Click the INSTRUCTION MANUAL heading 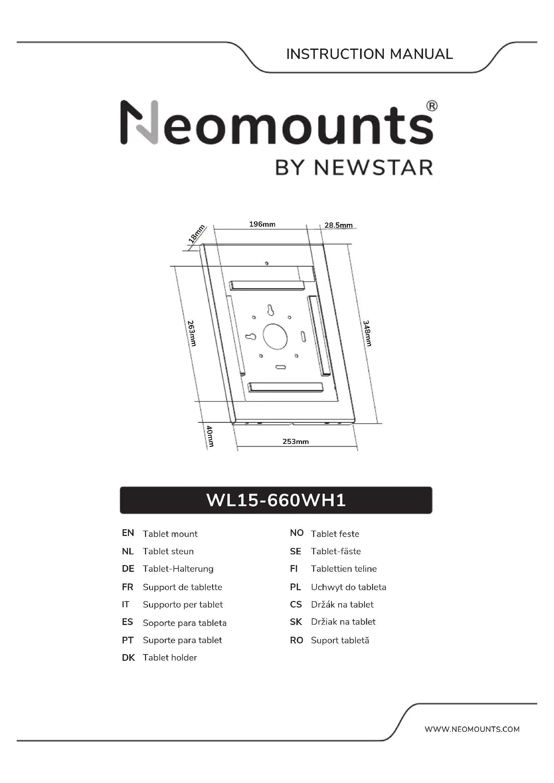[369, 54]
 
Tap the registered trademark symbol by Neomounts [431, 106]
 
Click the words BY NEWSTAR [354, 168]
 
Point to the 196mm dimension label [262, 224]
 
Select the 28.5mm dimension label [338, 225]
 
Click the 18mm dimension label [197, 234]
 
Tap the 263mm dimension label [192, 333]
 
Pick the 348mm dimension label [367, 333]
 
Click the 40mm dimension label [210, 436]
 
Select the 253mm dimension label [295, 442]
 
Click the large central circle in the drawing [275, 336]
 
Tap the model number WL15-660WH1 [276, 500]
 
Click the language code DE [128, 569]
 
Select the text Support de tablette [183, 587]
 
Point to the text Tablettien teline [344, 569]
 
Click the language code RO [296, 640]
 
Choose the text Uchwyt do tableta [348, 587]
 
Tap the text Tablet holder [170, 657]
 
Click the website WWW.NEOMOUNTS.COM [472, 729]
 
